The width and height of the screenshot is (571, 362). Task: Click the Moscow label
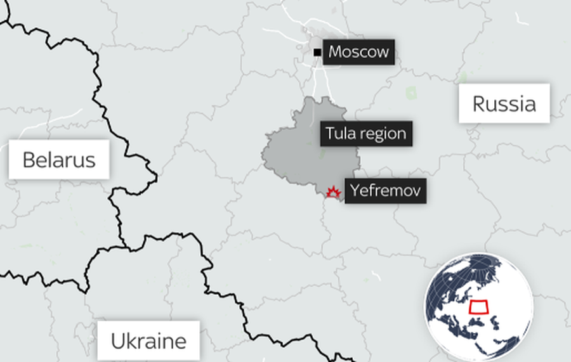[x=358, y=52]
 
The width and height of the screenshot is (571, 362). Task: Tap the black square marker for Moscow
[x=317, y=52]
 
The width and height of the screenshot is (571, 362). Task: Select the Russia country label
[x=504, y=103]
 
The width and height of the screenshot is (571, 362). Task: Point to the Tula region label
[x=365, y=134]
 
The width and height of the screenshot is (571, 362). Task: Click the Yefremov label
[x=385, y=190]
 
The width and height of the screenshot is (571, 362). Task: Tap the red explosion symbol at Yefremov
[x=332, y=191]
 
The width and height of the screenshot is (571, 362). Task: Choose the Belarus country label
[x=58, y=159]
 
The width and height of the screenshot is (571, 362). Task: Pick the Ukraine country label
[x=148, y=341]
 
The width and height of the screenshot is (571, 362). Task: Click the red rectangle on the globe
[x=479, y=307]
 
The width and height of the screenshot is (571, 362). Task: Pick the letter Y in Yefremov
[x=355, y=190]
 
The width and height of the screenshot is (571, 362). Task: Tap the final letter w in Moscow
[x=383, y=52]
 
